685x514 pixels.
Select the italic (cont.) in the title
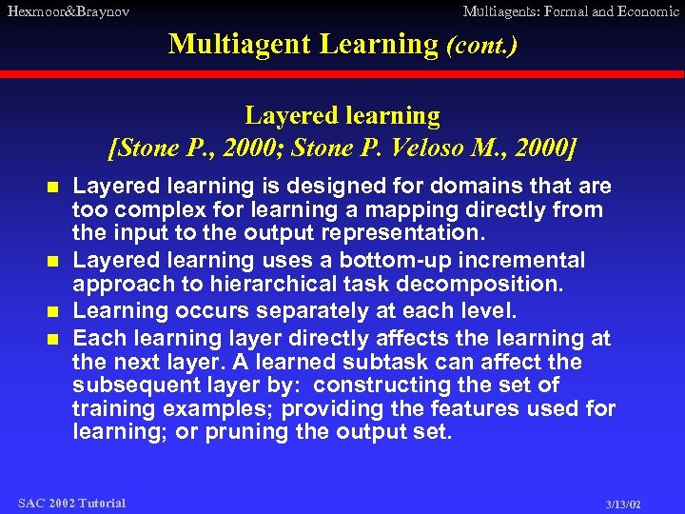click(481, 45)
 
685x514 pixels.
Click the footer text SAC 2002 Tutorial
click(71, 503)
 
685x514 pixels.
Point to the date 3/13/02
click(623, 504)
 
